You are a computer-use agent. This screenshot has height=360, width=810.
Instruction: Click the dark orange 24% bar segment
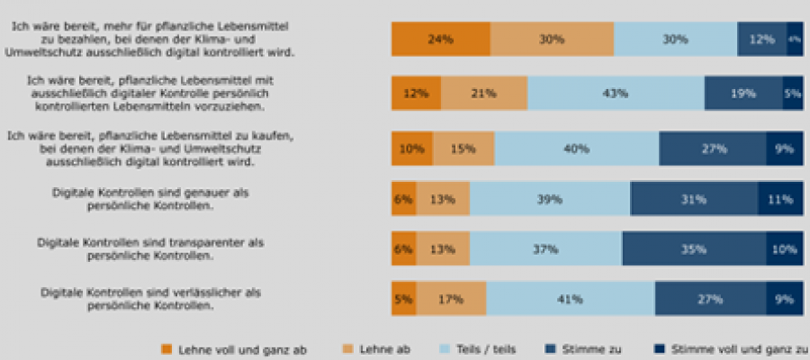(x=440, y=40)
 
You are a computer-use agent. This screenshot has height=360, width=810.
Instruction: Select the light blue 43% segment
(x=616, y=94)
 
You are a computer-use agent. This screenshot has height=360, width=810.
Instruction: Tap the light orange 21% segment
(x=484, y=94)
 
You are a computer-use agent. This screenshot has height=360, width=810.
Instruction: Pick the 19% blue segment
(x=743, y=94)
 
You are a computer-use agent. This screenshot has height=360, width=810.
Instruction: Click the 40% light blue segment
(x=576, y=148)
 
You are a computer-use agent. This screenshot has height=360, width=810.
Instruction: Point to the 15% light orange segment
(x=463, y=148)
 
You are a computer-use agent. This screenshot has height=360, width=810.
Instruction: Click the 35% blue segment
(x=693, y=248)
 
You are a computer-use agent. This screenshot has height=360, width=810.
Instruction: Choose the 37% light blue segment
(x=545, y=248)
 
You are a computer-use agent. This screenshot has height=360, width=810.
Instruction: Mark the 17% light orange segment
(x=451, y=299)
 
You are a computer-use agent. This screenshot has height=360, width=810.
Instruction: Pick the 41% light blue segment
(x=571, y=299)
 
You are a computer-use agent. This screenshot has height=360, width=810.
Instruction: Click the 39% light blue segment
(x=550, y=199)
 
